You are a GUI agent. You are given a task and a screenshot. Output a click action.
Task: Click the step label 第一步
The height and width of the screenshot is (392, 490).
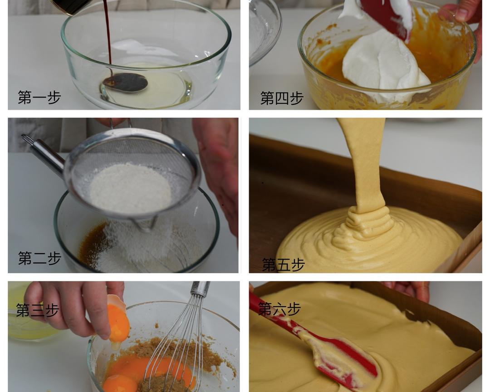pos(39,97)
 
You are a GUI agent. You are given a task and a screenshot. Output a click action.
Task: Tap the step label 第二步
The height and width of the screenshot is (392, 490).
pos(39,258)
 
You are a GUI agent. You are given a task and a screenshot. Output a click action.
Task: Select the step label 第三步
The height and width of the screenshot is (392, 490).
pos(38,310)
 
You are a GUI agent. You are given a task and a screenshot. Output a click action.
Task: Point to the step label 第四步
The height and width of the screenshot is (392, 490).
pos(282,98)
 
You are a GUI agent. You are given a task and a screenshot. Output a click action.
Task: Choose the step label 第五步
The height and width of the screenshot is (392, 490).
pos(283,265)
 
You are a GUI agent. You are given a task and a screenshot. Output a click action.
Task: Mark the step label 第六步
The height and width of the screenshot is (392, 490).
pos(279,309)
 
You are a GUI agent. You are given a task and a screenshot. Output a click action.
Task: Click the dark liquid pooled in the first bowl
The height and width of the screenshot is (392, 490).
pos(125,83)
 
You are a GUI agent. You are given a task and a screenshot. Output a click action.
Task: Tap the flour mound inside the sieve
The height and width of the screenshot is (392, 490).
pos(130,188)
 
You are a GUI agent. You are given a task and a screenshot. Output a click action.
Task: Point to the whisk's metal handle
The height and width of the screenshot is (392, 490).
pos(200,289)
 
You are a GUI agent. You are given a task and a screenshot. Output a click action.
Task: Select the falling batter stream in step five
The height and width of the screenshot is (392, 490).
pos(367,166)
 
